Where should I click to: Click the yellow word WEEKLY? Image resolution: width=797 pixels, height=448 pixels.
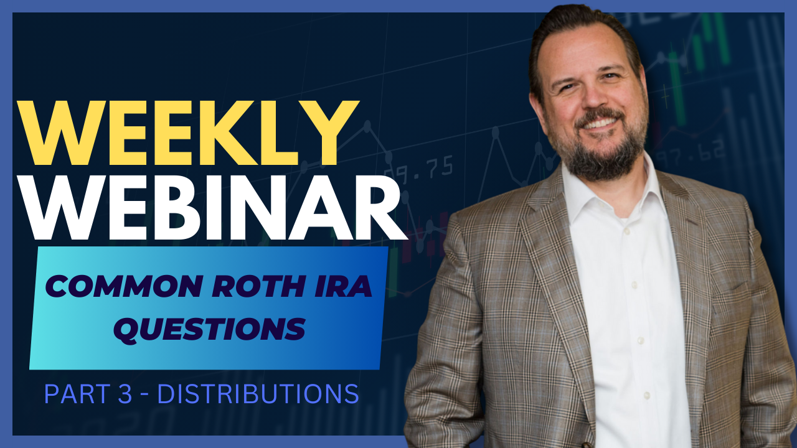tap(187, 133)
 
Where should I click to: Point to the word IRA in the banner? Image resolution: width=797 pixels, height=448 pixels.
tap(342, 286)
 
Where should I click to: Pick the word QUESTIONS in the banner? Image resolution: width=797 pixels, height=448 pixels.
tap(210, 329)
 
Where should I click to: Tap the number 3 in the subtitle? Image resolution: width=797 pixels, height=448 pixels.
tap(125, 394)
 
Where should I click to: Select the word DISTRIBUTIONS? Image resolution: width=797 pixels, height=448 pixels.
tap(258, 394)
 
